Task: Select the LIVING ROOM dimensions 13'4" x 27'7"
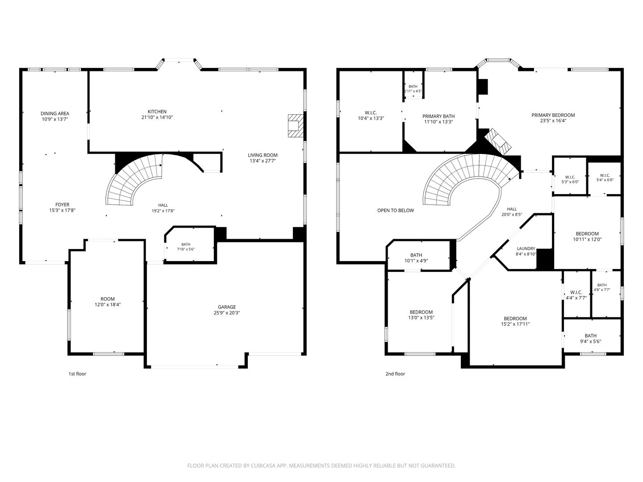tap(263, 161)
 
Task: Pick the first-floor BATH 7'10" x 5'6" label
tap(186, 247)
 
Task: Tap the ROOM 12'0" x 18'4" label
tap(108, 302)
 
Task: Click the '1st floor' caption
tap(77, 374)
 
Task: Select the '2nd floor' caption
tap(395, 374)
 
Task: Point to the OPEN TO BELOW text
tap(396, 210)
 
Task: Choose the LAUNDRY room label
tap(526, 249)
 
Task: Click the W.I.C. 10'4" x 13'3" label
tap(371, 116)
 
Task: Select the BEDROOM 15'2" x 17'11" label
tap(515, 321)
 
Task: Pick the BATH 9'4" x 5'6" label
tap(591, 339)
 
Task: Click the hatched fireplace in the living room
tap(296, 125)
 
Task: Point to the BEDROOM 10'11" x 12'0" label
tap(587, 237)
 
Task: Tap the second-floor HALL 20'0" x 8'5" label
tap(512, 212)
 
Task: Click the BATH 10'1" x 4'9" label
tap(416, 258)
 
